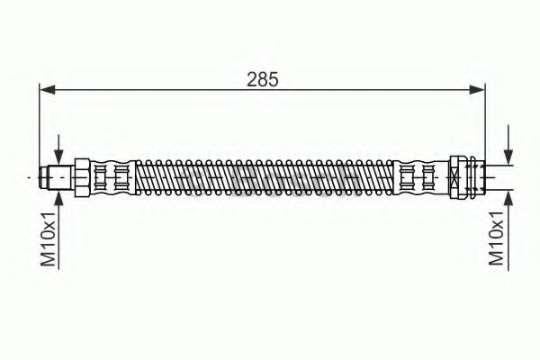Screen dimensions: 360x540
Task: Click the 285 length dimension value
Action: pos(263,78)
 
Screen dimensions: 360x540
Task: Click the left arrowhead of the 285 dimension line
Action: pos(47,88)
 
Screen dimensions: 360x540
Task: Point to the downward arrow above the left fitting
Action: pos(59,148)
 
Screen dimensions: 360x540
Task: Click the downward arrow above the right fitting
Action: pos(508,144)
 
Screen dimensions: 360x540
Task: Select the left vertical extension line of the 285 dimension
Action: pos(40,126)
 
